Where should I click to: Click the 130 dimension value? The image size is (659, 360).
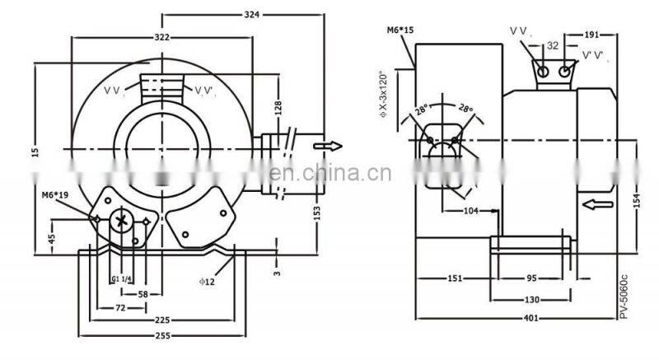534,299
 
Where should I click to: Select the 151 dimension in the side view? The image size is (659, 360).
455,278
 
